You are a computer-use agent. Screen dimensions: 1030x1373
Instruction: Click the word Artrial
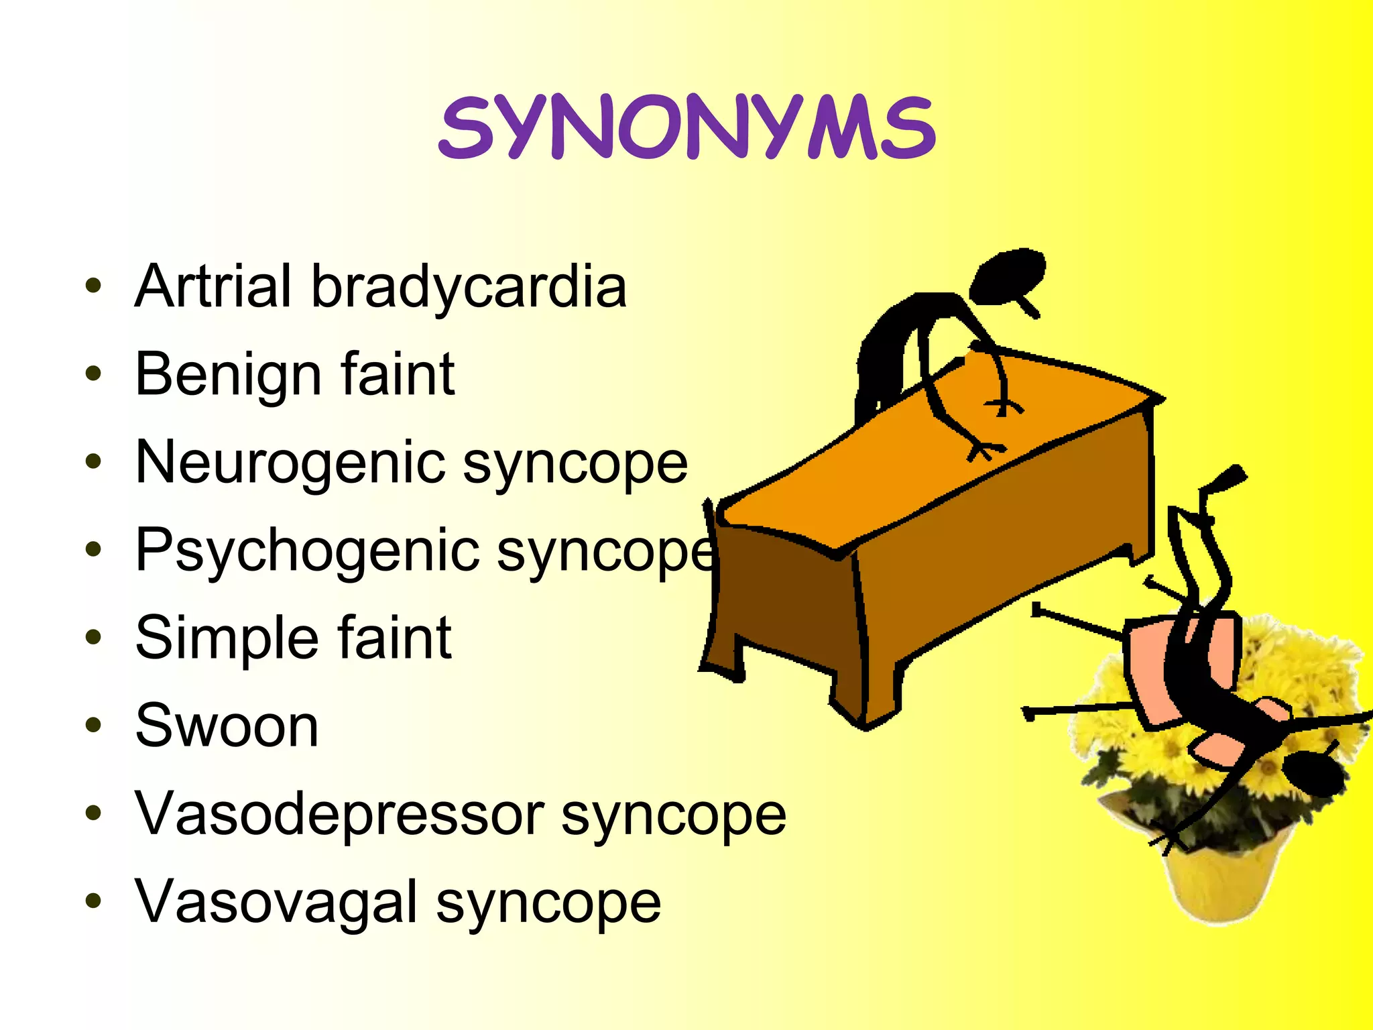pos(214,286)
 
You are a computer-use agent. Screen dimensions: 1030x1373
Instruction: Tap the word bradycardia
pos(469,286)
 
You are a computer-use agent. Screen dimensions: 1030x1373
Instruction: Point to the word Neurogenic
pos(289,463)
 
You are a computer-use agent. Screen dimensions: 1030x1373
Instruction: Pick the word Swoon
pos(227,726)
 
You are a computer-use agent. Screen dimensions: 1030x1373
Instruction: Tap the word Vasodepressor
pos(339,813)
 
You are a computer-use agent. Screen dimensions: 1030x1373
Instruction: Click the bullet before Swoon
pos(93,725)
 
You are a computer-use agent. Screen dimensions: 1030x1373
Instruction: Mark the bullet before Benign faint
pos(93,374)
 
